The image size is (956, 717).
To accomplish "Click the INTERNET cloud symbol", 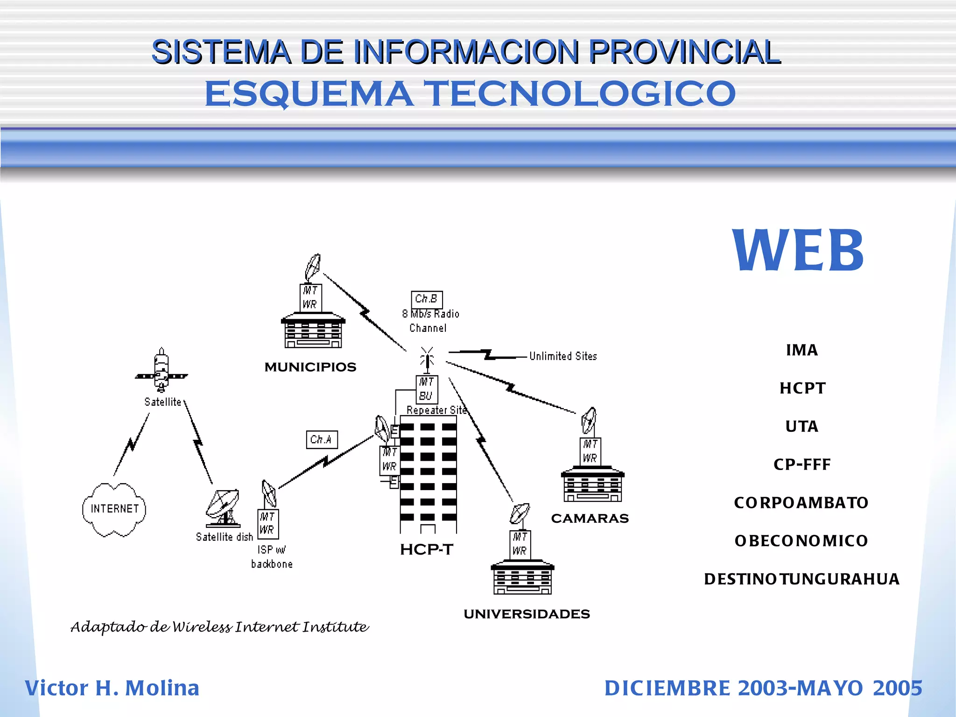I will click(114, 509).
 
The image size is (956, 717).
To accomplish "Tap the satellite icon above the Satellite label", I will click(162, 371).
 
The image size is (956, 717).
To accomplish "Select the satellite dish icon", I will click(224, 508).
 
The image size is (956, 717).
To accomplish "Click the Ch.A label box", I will click(322, 440).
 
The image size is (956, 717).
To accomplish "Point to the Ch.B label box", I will click(427, 299).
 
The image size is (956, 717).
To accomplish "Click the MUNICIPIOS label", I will click(310, 367).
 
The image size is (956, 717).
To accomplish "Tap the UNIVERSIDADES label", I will click(527, 614).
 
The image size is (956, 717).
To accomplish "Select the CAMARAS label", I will click(590, 519).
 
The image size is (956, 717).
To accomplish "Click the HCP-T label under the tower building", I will click(426, 550).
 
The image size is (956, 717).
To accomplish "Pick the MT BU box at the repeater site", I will click(427, 389).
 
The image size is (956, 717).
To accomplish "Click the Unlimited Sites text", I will click(563, 357).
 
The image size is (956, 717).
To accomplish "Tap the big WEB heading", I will click(798, 251).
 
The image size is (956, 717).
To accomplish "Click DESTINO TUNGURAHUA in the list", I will click(801, 579).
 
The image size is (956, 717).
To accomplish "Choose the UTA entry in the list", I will click(801, 427).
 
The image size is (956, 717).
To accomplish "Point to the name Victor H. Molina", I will click(112, 689).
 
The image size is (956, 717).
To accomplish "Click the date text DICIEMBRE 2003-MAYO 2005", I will click(763, 689).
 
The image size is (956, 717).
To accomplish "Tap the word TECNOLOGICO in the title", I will click(582, 93).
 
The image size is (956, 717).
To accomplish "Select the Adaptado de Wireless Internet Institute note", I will click(219, 627).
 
